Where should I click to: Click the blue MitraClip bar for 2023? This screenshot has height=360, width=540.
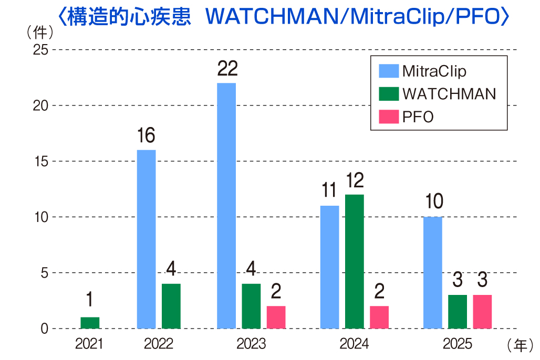(x=226, y=206)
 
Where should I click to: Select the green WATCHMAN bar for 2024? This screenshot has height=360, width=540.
(x=355, y=261)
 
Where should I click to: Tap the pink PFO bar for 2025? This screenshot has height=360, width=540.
(x=482, y=312)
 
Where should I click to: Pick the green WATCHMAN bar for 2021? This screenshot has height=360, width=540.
(x=90, y=323)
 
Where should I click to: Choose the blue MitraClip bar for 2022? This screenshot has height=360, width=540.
(x=146, y=239)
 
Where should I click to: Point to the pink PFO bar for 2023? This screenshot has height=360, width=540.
(x=276, y=317)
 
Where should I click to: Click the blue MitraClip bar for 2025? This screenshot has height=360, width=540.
(x=433, y=272)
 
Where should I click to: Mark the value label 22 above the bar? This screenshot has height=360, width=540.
(x=227, y=69)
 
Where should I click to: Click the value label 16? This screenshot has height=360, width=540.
(x=146, y=136)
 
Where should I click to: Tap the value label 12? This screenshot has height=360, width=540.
(x=355, y=181)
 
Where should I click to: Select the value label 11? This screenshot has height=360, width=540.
(x=329, y=192)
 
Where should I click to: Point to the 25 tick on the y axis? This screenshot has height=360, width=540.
(x=40, y=50)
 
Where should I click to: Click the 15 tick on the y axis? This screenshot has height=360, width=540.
(x=40, y=162)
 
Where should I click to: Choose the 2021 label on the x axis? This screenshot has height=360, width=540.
(x=89, y=344)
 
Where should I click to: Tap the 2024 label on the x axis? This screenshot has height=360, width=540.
(x=354, y=344)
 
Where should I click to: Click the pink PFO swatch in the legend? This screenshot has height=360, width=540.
(x=388, y=117)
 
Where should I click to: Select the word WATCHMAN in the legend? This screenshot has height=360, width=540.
(x=449, y=93)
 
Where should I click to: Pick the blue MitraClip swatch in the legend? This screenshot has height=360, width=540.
(x=388, y=71)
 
